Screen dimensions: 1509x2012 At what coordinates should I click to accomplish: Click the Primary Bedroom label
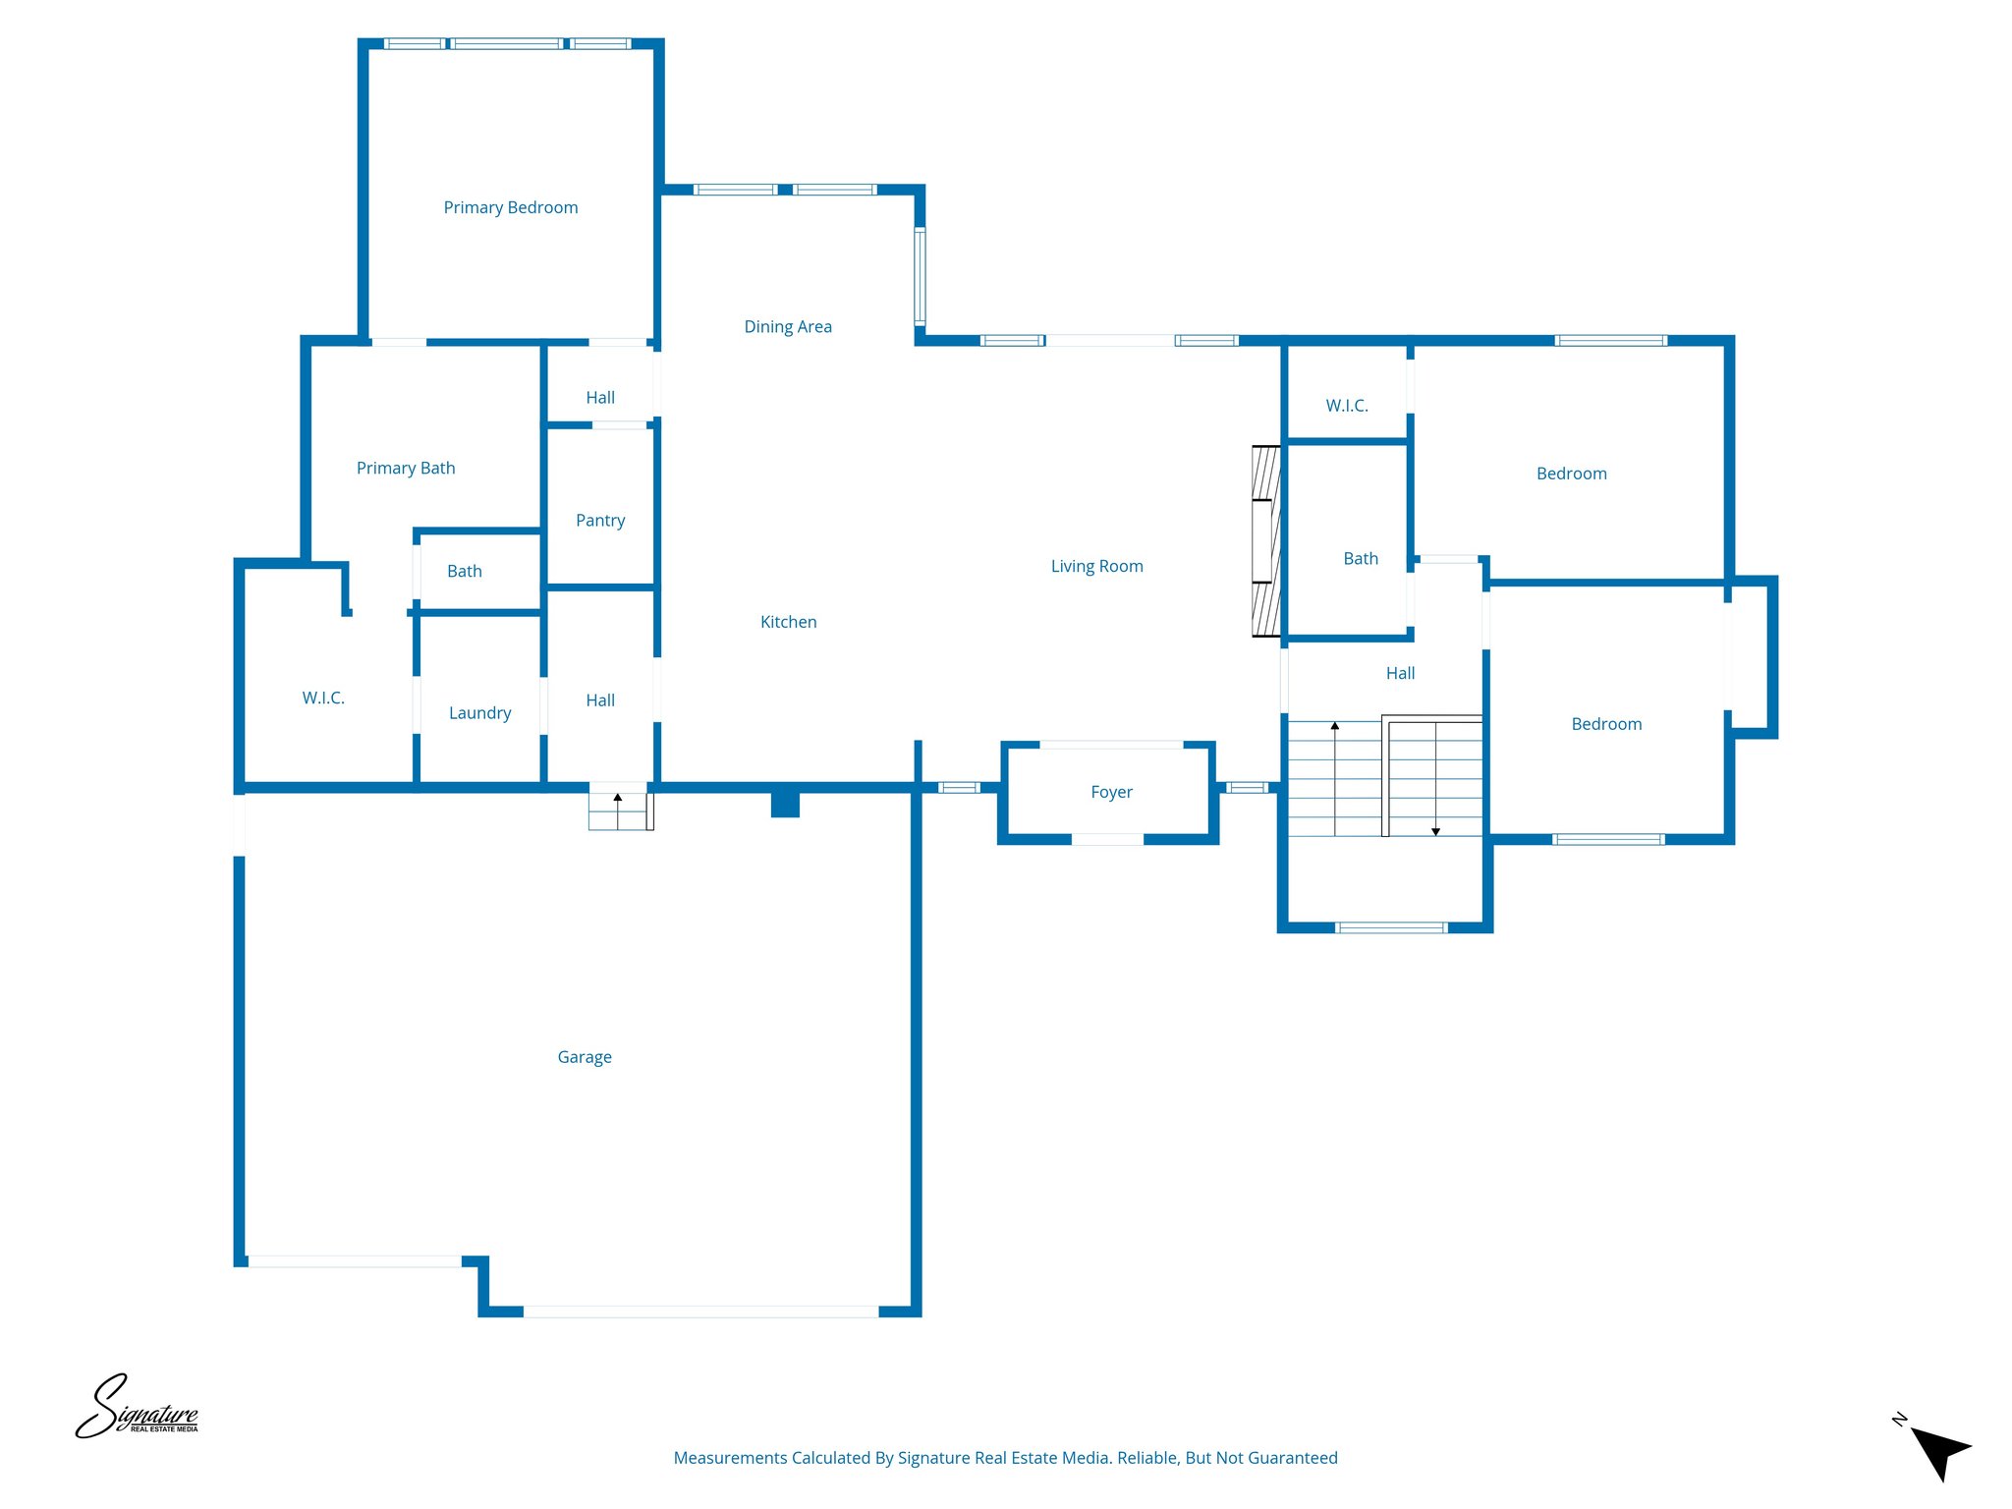click(x=510, y=207)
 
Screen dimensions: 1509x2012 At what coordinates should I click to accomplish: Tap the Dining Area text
click(x=787, y=326)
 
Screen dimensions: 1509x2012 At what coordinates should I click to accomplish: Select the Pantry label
click(x=599, y=520)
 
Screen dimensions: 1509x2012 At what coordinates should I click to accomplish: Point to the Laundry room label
click(x=479, y=712)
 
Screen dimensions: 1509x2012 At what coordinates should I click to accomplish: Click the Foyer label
click(x=1111, y=792)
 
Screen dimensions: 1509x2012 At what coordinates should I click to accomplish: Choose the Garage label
click(x=585, y=1057)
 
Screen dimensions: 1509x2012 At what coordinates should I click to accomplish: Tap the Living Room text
click(x=1096, y=566)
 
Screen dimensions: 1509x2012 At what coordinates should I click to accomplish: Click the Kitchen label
click(x=788, y=622)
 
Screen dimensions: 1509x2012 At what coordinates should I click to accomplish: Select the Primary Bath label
click(x=406, y=468)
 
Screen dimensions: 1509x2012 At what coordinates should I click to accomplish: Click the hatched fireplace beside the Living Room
click(x=1265, y=541)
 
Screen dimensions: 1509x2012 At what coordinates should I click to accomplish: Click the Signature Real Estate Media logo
click(x=138, y=1408)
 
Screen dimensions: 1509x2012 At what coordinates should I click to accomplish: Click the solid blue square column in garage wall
click(x=785, y=804)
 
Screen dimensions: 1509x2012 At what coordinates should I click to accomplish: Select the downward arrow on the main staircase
click(x=1435, y=831)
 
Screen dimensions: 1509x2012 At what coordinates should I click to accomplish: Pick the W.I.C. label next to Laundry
click(x=323, y=698)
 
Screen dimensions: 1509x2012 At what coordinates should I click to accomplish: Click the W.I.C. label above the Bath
click(x=1346, y=406)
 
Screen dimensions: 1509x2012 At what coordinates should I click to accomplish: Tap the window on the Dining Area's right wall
click(x=920, y=276)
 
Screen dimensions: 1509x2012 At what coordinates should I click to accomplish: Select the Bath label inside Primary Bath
click(x=464, y=571)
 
